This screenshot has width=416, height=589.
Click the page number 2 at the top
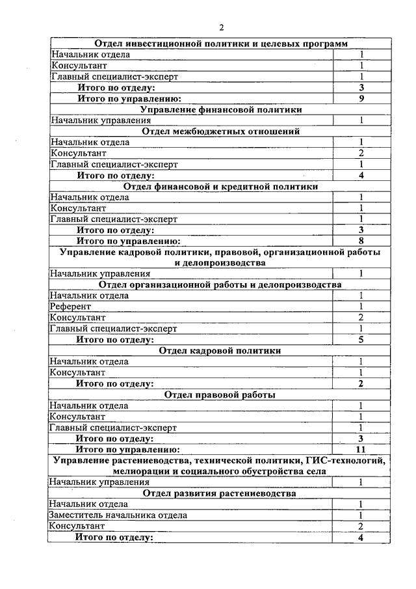click(221, 27)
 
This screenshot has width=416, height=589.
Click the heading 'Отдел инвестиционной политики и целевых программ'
click(220, 43)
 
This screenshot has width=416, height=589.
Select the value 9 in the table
click(361, 98)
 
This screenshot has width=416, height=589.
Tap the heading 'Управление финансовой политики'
click(220, 109)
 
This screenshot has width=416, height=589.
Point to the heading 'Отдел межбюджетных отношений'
click(220, 131)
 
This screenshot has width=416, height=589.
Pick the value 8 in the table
click(361, 241)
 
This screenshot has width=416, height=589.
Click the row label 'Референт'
click(71, 307)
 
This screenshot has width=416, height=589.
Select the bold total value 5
click(361, 340)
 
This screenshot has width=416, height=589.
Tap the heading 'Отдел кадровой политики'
click(220, 351)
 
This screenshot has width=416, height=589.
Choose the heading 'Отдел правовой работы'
click(220, 395)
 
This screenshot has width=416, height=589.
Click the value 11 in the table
click(361, 450)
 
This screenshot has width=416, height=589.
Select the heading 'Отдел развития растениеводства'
click(220, 493)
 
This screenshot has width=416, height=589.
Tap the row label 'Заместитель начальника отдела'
click(119, 515)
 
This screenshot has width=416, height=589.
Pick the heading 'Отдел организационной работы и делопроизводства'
click(220, 285)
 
